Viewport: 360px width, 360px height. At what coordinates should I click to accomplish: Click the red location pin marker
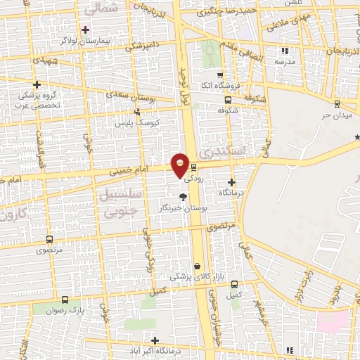[x=181, y=165]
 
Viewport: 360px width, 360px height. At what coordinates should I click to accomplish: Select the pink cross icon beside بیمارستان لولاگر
[x=85, y=29]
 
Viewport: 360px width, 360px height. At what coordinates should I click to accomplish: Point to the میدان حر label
[x=335, y=114]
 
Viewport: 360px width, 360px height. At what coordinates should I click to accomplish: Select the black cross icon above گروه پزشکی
[x=37, y=85]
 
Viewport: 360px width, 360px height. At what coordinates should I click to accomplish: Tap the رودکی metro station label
[x=194, y=179]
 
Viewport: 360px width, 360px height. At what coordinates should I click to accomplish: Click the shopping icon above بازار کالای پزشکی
[x=198, y=266]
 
